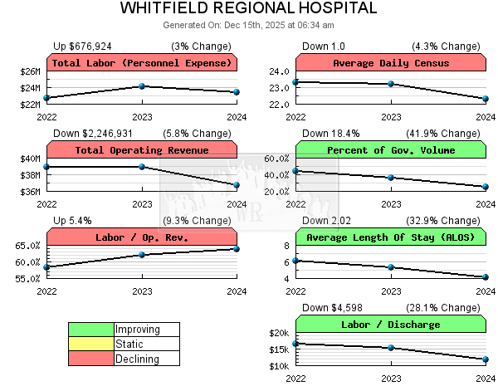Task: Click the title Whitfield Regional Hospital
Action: (248, 9)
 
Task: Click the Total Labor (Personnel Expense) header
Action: (142, 63)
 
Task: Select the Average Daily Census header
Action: (391, 63)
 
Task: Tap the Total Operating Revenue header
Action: (142, 150)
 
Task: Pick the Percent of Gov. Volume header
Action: (391, 150)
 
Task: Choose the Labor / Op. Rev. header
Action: (142, 237)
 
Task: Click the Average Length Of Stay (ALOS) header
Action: (391, 237)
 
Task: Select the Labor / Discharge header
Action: (391, 325)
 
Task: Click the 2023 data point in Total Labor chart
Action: (142, 86)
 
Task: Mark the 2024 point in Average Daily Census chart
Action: (486, 99)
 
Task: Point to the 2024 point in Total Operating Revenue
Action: (237, 185)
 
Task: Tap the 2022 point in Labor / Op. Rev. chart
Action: (47, 267)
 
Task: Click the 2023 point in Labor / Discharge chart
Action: (391, 347)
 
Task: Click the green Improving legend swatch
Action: (91, 330)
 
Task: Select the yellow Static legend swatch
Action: (91, 344)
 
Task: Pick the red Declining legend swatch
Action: (91, 359)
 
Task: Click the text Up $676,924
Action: (82, 46)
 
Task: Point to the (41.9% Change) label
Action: (448, 134)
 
